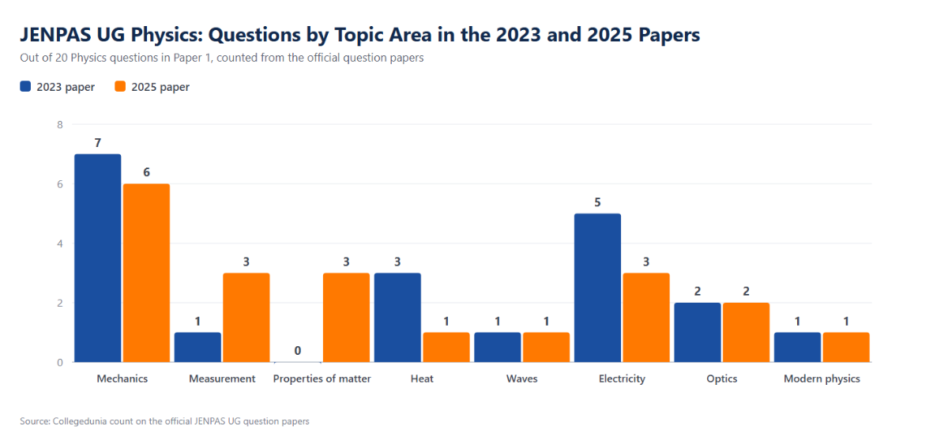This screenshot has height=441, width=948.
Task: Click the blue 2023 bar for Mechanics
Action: click(98, 258)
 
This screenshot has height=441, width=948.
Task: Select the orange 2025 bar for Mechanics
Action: click(146, 273)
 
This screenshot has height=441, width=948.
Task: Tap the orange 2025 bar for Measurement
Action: click(246, 318)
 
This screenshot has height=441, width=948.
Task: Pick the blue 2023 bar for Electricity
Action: click(597, 288)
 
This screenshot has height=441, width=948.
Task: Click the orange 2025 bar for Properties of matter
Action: click(346, 318)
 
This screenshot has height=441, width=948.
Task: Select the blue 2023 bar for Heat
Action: click(397, 318)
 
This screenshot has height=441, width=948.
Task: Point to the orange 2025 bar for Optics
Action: click(746, 333)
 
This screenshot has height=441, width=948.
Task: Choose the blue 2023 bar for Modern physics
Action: click(797, 348)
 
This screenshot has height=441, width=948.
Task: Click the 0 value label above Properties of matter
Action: click(298, 350)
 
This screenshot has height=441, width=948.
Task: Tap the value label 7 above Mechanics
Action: click(98, 143)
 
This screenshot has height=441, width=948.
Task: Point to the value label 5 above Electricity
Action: click(597, 202)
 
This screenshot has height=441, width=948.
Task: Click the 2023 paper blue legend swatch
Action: click(25, 86)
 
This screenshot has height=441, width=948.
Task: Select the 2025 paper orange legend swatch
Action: click(120, 86)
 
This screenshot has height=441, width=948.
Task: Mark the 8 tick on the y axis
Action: click(60, 124)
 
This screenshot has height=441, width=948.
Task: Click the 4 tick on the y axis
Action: click(60, 243)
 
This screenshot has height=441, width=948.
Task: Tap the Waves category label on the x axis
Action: click(522, 379)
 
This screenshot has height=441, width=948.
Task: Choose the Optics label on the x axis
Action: click(721, 379)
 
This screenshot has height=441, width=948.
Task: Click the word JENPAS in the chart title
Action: click(55, 34)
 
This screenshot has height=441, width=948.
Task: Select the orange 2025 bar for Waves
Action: click(547, 348)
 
